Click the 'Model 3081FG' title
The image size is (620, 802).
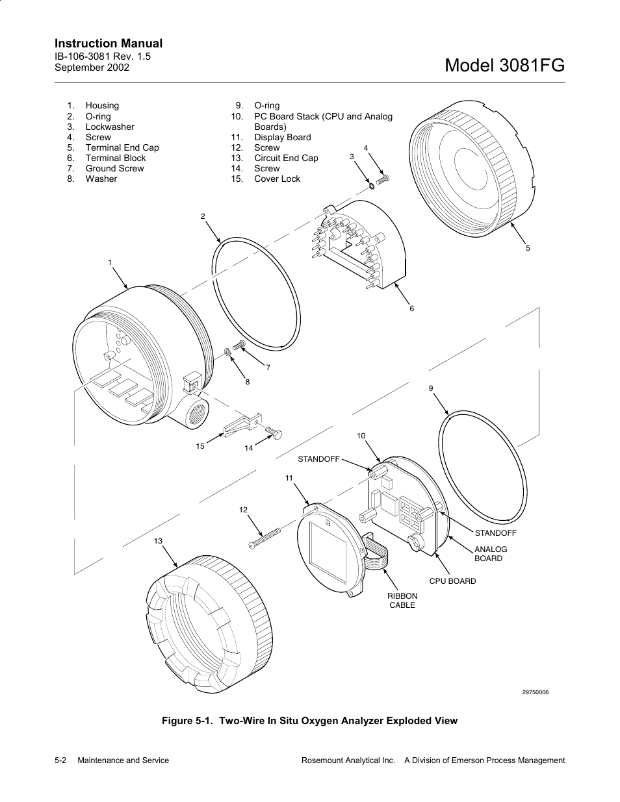point(506,66)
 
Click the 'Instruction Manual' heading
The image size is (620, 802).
point(109,44)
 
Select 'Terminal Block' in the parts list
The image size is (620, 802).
point(116,158)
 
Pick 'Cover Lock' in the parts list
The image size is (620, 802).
point(277,179)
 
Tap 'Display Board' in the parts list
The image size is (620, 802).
point(282,137)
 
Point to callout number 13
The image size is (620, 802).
point(158,541)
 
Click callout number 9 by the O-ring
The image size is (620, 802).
point(430,388)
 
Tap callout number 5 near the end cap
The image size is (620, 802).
point(528,248)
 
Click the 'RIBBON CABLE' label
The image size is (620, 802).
point(402,600)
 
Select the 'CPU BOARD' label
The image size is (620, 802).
point(452,581)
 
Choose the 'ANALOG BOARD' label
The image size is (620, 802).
point(491,553)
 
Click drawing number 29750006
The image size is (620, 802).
point(536,692)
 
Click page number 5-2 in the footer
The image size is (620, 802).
point(62,760)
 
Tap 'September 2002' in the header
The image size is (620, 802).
point(92,67)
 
